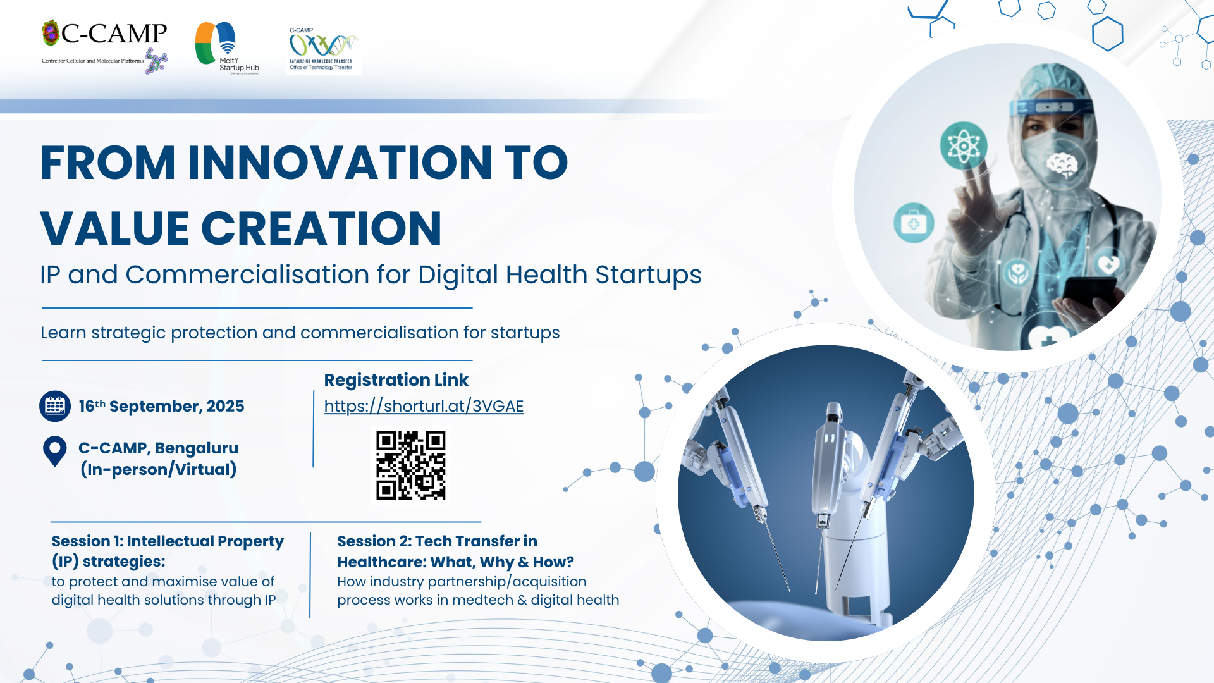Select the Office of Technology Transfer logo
(324, 49)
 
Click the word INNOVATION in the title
(340, 163)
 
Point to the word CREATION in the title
(321, 228)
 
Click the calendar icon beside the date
(55, 406)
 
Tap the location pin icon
(55, 452)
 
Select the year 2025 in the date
(225, 406)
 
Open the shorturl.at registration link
(424, 406)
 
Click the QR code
(411, 465)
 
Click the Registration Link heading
(396, 379)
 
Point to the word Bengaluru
(197, 448)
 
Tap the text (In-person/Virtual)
(159, 469)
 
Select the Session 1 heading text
(168, 551)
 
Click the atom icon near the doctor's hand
(963, 145)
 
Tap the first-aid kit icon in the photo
(914, 223)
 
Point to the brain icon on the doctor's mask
(1062, 164)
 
